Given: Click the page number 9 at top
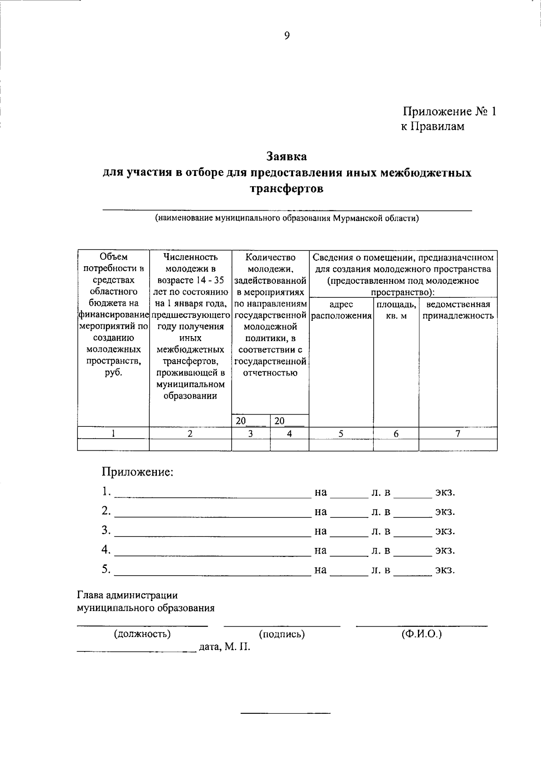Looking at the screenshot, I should [x=287, y=36].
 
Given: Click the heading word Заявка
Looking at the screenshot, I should [x=287, y=157].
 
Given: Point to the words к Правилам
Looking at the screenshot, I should [x=432, y=127].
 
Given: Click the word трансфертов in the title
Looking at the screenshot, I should [x=287, y=189].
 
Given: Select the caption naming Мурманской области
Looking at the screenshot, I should [x=287, y=219].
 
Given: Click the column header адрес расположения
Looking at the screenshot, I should [x=341, y=310].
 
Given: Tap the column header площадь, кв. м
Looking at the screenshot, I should [x=396, y=310].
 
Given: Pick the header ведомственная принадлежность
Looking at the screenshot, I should [x=458, y=310].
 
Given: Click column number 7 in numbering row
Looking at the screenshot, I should [x=458, y=434].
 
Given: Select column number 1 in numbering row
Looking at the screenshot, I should [x=113, y=434].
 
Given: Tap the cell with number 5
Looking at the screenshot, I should [x=341, y=434].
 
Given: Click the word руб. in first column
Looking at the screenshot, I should [x=113, y=373].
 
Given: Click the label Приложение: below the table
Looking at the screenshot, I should [x=137, y=472].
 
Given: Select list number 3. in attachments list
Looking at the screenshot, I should [x=106, y=530].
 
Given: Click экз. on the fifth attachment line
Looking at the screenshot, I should [x=445, y=570].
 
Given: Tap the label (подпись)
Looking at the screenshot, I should [x=282, y=634].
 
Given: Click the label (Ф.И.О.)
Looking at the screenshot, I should [x=422, y=634].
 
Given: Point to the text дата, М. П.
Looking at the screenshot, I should [x=224, y=647].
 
